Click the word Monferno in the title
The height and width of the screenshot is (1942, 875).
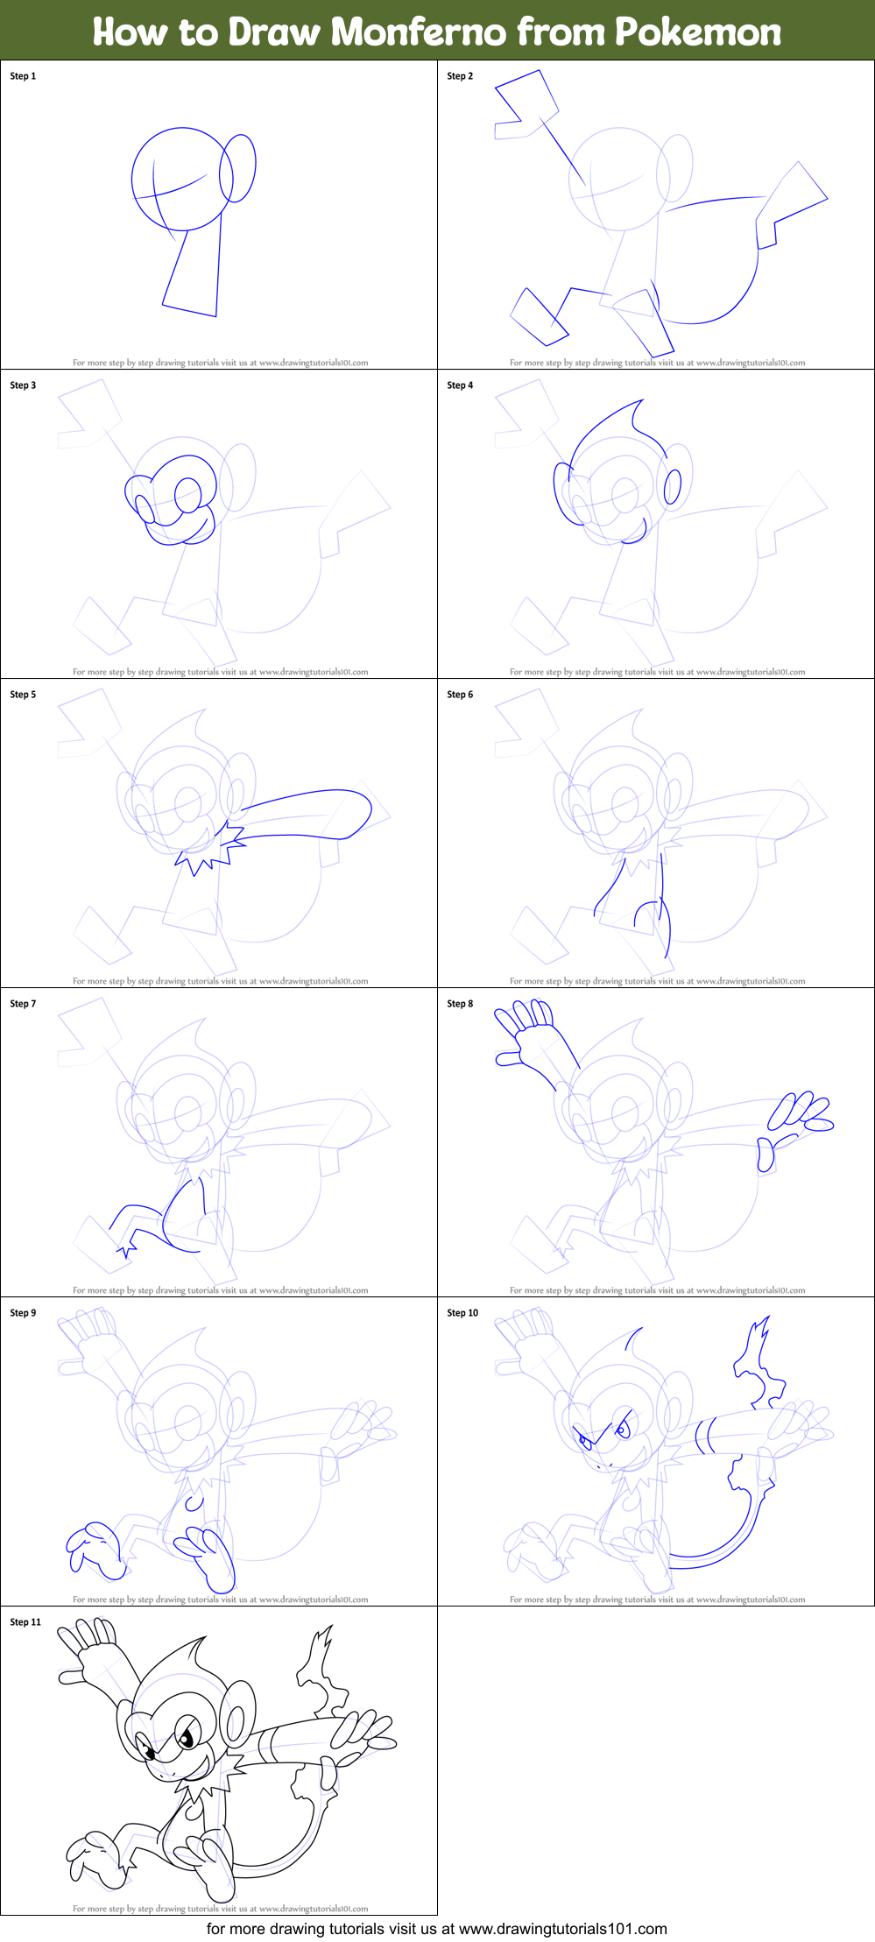pyautogui.click(x=419, y=32)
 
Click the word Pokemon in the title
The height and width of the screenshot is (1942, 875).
pyautogui.click(x=697, y=32)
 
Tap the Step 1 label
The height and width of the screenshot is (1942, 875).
pyautogui.click(x=23, y=76)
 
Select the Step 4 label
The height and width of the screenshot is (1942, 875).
pyautogui.click(x=460, y=385)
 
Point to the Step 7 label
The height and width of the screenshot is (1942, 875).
pyautogui.click(x=23, y=1004)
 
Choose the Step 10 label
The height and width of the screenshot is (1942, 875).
pyautogui.click(x=462, y=1313)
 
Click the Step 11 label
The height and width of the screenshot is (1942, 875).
pyautogui.click(x=25, y=1622)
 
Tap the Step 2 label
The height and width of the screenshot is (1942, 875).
pyautogui.click(x=460, y=76)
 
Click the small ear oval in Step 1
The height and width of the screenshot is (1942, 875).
pyautogui.click(x=237, y=168)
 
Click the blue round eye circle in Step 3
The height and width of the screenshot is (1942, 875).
pyautogui.click(x=187, y=495)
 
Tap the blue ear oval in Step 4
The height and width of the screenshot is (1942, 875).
pyautogui.click(x=672, y=487)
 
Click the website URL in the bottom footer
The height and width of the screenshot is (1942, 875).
pyautogui.click(x=562, y=1928)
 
